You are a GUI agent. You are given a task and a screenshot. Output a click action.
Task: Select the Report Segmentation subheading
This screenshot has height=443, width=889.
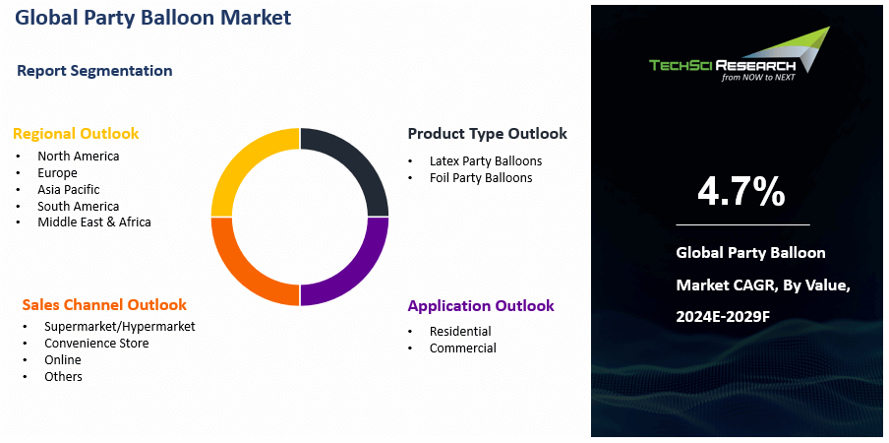coord(94,71)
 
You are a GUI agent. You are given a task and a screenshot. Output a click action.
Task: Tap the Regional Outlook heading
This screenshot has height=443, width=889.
coord(76,134)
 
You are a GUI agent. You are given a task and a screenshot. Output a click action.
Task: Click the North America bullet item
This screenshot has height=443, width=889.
coord(78,156)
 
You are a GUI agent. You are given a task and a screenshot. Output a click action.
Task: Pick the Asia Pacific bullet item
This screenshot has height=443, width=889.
coord(68,189)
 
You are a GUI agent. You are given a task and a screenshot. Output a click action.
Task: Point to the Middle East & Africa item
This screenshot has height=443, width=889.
coord(94,222)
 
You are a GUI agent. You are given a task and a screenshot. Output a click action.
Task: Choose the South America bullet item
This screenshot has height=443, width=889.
coord(78,206)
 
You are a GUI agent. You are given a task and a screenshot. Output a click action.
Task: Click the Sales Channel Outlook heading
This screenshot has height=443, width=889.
coord(104,305)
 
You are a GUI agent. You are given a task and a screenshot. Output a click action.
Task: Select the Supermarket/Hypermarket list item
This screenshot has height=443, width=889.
coord(119,326)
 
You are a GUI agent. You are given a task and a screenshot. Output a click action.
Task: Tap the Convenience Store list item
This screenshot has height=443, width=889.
coord(96,343)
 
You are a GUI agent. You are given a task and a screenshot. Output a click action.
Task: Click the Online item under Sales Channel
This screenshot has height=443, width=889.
coord(63,359)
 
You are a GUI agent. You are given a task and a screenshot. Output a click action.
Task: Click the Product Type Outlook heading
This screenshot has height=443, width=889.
coord(487,134)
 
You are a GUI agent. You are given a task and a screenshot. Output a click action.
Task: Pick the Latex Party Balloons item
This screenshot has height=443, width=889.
coord(486,160)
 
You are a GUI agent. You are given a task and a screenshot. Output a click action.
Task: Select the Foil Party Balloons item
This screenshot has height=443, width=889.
coord(481,177)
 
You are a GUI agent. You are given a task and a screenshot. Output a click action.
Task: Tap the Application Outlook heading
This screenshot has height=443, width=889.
coord(481,306)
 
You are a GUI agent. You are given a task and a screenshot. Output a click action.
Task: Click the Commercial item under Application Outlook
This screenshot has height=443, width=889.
coord(462,348)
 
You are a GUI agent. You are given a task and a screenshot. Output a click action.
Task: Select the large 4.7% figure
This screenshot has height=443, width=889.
coord(741,192)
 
